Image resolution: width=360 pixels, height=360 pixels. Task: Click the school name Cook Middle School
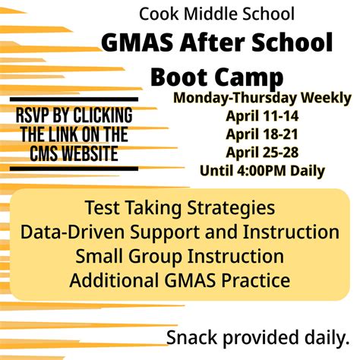pyautogui.click(x=216, y=14)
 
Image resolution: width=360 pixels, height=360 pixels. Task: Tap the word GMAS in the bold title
pyautogui.click(x=137, y=43)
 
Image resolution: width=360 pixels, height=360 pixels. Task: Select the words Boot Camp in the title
pyautogui.click(x=217, y=77)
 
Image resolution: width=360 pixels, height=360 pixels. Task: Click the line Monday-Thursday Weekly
pyautogui.click(x=262, y=98)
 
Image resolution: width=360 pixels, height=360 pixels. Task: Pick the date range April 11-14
pyautogui.click(x=262, y=116)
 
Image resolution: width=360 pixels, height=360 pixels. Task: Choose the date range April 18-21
pyautogui.click(x=262, y=134)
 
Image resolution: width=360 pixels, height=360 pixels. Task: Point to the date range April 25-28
pyautogui.click(x=262, y=153)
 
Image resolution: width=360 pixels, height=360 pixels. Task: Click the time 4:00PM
pyautogui.click(x=261, y=171)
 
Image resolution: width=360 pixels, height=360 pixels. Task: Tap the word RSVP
pyautogui.click(x=32, y=115)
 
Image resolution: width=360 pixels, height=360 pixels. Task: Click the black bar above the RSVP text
pyautogui.click(x=74, y=99)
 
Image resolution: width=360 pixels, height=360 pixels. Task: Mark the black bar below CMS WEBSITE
pyautogui.click(x=74, y=169)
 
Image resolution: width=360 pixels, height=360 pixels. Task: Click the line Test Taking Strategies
pyautogui.click(x=180, y=208)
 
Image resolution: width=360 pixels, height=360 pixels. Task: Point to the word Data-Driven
pyautogui.click(x=72, y=232)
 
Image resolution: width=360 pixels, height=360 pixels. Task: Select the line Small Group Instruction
pyautogui.click(x=180, y=256)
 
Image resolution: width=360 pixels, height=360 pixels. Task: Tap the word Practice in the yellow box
pyautogui.click(x=256, y=280)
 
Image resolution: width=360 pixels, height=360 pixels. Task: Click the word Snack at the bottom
pyautogui.click(x=192, y=337)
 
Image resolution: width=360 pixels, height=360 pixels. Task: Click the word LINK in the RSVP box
pyautogui.click(x=64, y=134)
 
